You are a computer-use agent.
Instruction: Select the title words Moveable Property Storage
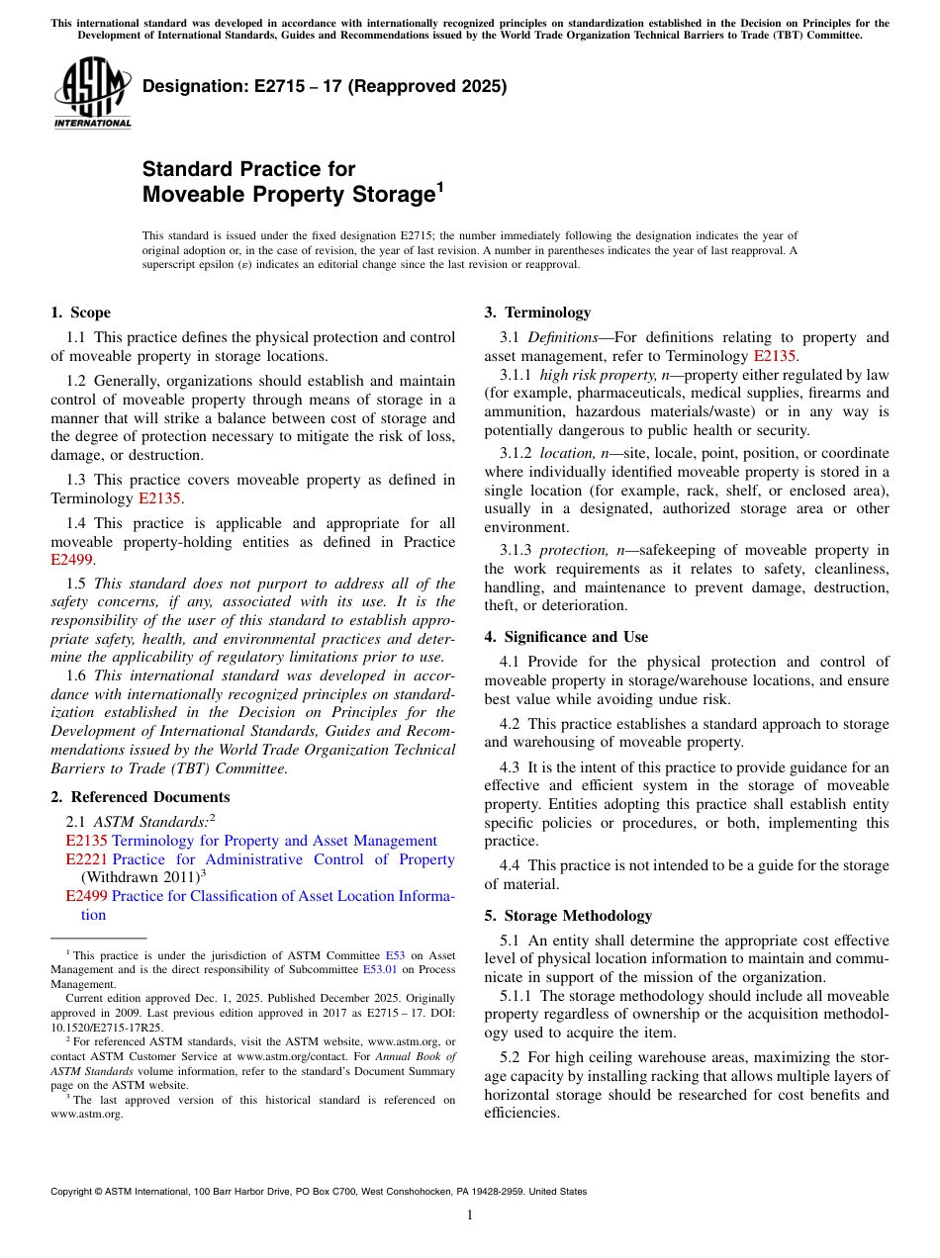pyautogui.click(x=288, y=195)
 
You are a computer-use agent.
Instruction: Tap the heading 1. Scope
pyautogui.click(x=80, y=313)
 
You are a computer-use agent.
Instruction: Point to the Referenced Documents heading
pyautogui.click(x=140, y=797)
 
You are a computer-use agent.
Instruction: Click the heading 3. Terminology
pyautogui.click(x=537, y=313)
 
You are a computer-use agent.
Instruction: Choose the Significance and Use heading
pyautogui.click(x=566, y=637)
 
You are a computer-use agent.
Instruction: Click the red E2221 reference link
pyautogui.click(x=86, y=859)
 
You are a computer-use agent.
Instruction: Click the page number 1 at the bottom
pyautogui.click(x=470, y=1215)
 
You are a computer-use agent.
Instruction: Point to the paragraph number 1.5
pyautogui.click(x=77, y=584)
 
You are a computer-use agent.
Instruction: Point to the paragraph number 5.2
pyautogui.click(x=513, y=1057)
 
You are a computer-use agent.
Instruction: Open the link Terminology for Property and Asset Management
pyautogui.click(x=274, y=841)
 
